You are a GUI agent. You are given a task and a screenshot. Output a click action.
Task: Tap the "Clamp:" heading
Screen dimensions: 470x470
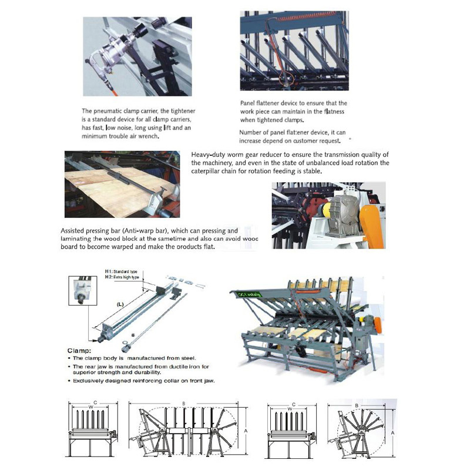tap(79, 350)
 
